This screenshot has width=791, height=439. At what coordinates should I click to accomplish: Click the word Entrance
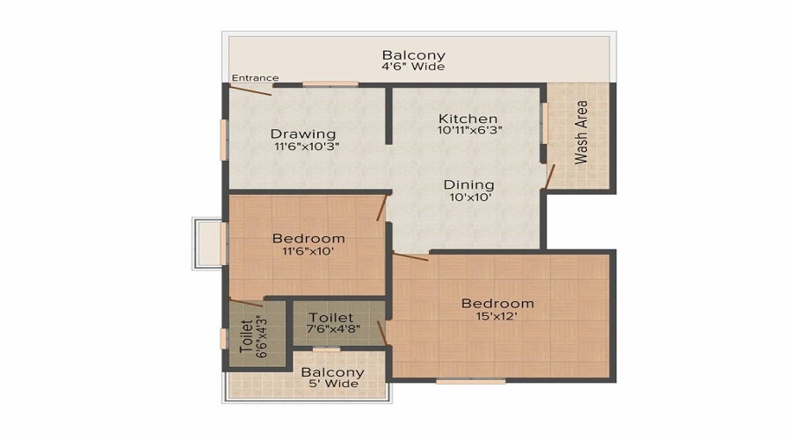255,78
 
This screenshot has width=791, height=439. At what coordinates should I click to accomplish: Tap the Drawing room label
303,133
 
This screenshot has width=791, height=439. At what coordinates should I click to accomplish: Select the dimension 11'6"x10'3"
306,147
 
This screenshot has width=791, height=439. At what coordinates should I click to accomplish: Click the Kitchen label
468,119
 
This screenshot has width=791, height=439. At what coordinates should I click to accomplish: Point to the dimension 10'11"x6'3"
470,131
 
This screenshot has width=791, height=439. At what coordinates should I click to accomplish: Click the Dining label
468,185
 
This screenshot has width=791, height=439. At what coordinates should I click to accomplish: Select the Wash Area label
581,137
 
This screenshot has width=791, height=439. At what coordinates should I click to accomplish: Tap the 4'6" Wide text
413,67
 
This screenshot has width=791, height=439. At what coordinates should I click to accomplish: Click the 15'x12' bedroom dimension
497,317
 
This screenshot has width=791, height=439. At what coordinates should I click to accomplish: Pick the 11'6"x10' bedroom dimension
308,251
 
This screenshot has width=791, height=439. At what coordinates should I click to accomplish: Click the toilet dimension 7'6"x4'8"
331,329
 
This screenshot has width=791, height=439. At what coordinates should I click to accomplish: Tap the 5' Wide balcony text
332,384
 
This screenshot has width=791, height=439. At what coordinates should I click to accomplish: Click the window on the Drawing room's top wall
330,84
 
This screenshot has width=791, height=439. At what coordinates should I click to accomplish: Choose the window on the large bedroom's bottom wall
471,381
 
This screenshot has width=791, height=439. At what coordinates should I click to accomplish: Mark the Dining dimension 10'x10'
468,198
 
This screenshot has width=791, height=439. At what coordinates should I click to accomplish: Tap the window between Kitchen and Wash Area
543,122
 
